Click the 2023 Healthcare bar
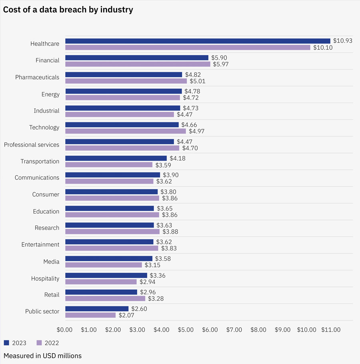[198, 41]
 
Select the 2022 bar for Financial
[138, 64]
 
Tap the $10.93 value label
[343, 41]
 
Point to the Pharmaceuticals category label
[37, 77]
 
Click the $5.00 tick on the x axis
[186, 330]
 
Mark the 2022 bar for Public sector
[90, 315]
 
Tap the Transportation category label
[40, 161]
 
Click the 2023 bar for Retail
[101, 292]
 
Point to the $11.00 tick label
[331, 330]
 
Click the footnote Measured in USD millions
[42, 356]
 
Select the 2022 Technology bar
[126, 131]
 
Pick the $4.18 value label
[177, 158]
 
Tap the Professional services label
[32, 144]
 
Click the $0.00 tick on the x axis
[64, 330]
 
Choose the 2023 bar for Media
[109, 258]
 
